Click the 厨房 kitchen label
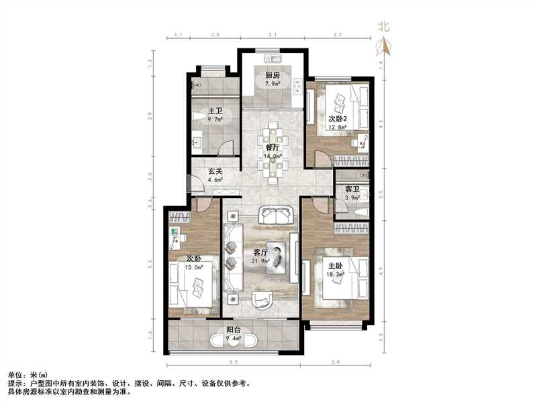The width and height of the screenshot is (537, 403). [273, 76]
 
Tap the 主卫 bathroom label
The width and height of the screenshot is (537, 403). [215, 111]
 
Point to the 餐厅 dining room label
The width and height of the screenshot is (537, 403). [273, 147]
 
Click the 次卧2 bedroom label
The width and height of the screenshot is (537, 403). [339, 118]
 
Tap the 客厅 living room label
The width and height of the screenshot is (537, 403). [260, 252]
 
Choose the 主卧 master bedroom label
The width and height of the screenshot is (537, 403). [334, 264]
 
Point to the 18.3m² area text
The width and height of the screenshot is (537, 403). [334, 273]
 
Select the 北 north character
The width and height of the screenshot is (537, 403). [384, 27]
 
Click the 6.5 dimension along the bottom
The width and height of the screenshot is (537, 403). [232, 363]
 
